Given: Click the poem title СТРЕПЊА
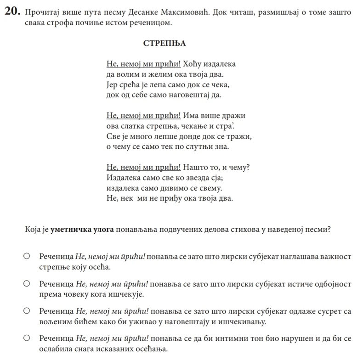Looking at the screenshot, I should [164, 44].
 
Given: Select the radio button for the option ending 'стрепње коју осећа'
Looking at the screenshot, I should [27, 256].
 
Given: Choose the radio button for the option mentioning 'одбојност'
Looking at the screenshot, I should [27, 284].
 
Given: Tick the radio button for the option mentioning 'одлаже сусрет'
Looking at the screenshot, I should [27, 311].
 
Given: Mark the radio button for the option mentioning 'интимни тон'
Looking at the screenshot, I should [27, 339].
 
